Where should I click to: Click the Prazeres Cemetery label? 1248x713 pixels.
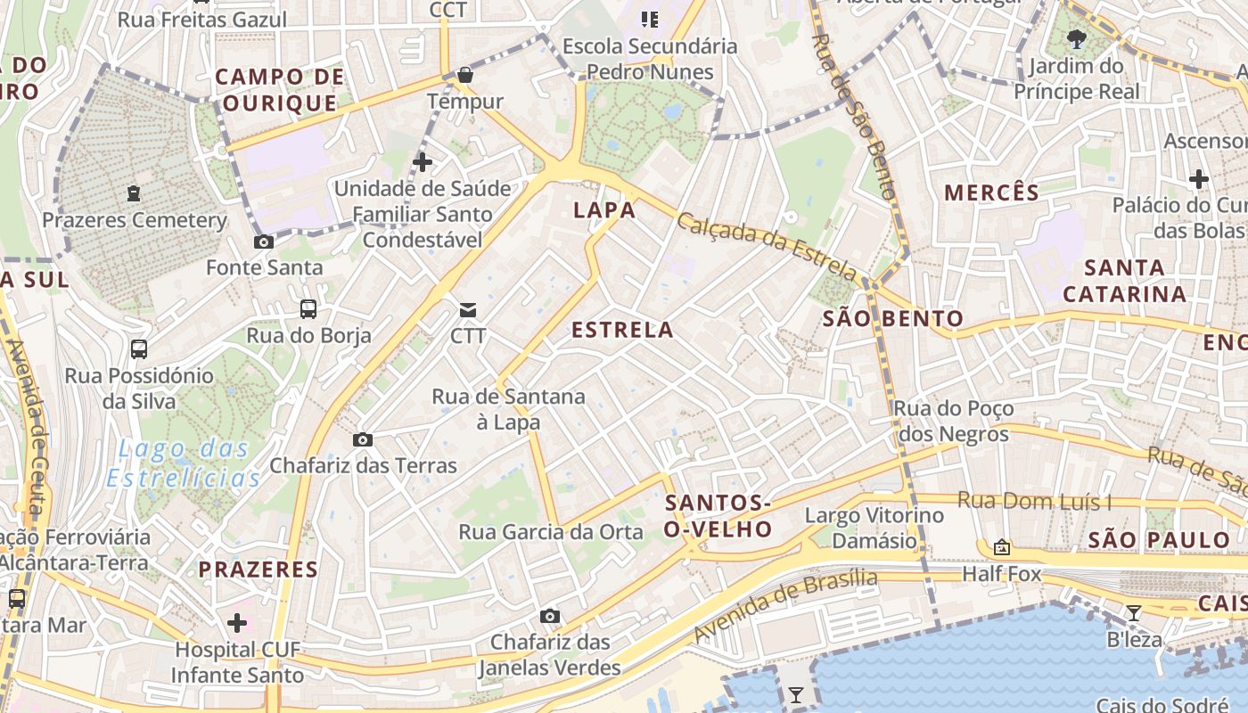coord(135,220)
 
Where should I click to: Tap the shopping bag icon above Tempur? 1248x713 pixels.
coord(464,76)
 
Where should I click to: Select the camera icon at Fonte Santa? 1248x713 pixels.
coord(264,242)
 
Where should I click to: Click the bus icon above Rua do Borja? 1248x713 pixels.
coord(308,309)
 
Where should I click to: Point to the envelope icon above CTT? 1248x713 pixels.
coord(468,310)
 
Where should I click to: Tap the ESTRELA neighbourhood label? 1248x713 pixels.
coord(622,330)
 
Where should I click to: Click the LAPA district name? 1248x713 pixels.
coord(604,210)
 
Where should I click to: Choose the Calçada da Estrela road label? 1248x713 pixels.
coord(766,246)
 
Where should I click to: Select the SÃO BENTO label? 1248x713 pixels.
coord(892,318)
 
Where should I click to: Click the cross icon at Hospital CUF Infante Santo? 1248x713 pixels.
coord(237,623)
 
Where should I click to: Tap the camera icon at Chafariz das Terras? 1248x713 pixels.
coord(363,439)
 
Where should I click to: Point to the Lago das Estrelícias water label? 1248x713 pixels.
coord(184,463)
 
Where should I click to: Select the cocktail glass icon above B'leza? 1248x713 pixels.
coord(1134,612)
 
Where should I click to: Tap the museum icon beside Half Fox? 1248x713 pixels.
coord(1002,547)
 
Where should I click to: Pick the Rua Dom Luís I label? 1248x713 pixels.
coord(1034,501)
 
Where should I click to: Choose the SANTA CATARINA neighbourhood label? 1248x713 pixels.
coord(1124,280)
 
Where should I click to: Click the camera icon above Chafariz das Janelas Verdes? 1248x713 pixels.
coord(550,616)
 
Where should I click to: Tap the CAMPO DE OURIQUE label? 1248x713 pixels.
coord(280,89)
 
